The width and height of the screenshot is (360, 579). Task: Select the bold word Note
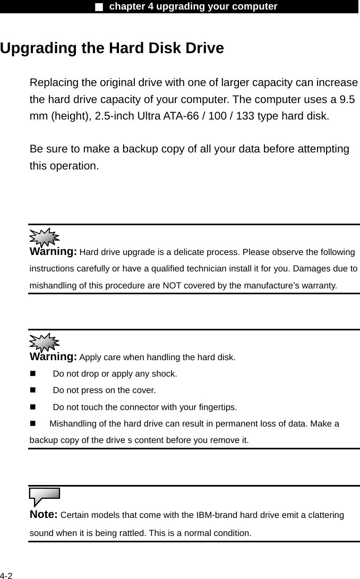(x=44, y=514)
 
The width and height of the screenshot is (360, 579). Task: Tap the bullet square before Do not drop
(x=33, y=374)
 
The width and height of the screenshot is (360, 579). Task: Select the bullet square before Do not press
(x=33, y=390)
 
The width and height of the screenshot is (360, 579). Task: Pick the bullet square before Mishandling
(x=33, y=424)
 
